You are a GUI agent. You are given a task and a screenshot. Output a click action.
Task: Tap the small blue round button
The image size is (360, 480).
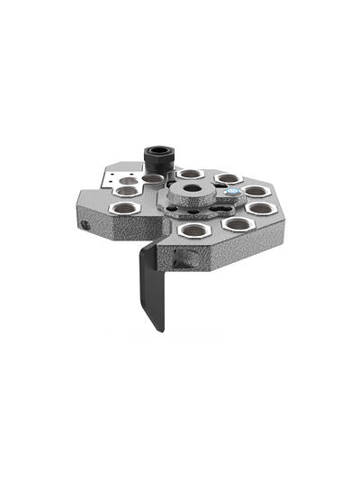pyautogui.click(x=232, y=192)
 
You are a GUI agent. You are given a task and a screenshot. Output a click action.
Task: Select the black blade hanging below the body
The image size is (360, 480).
pyautogui.click(x=151, y=288)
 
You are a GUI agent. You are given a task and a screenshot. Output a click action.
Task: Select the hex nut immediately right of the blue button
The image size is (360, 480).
pyautogui.click(x=256, y=191)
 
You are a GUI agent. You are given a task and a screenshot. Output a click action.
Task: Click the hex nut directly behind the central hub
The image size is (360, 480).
pyautogui.click(x=191, y=174)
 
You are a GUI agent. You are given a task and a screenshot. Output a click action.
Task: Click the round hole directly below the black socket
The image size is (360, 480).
pyautogui.click(x=153, y=179)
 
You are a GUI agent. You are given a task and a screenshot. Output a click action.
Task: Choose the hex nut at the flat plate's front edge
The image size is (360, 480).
pyautogui.click(x=125, y=191)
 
